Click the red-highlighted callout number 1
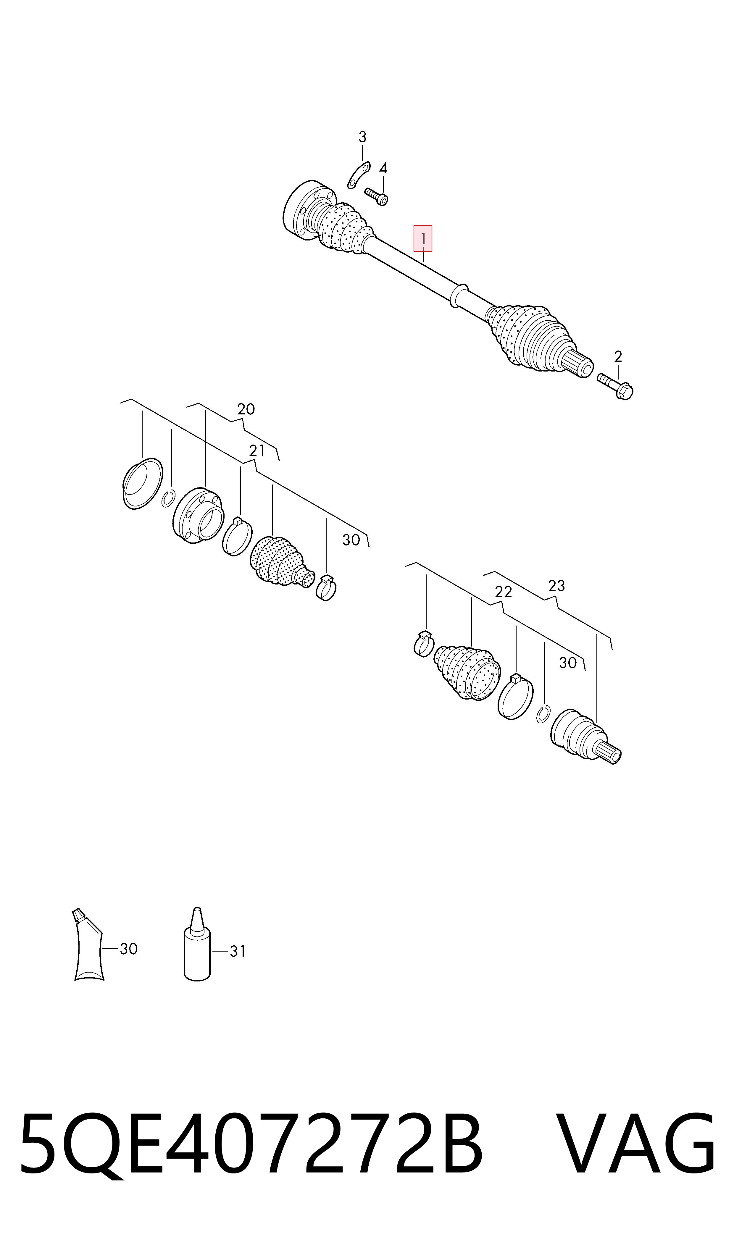(423, 238)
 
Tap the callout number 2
(618, 356)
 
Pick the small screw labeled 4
(376, 196)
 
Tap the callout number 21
(257, 451)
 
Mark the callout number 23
(556, 586)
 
